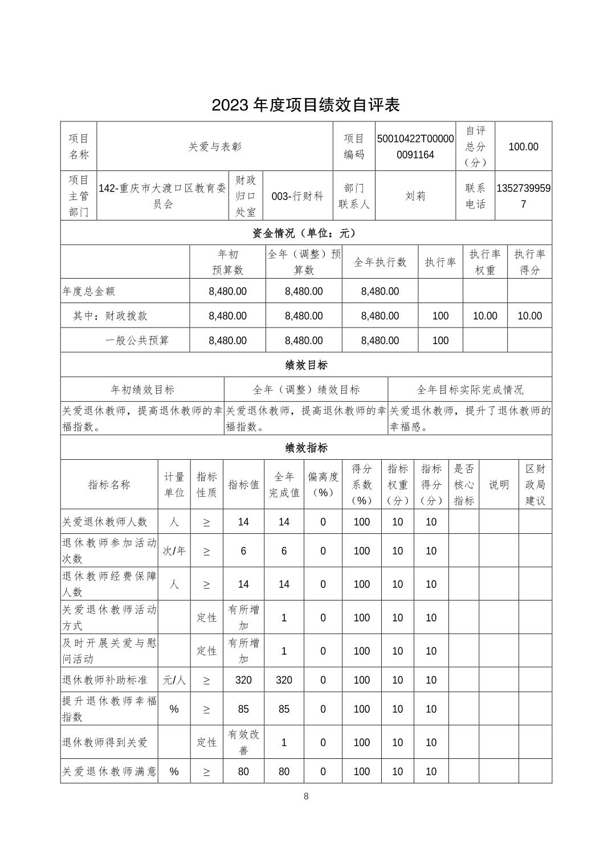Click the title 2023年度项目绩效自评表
(305, 105)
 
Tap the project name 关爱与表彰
(215, 146)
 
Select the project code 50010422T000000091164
(415, 146)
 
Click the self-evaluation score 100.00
(523, 146)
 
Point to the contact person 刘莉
(415, 196)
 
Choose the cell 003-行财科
(297, 196)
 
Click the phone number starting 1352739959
(523, 196)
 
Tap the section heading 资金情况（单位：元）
(305, 233)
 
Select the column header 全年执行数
(380, 262)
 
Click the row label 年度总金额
(89, 291)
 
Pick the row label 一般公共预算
(137, 341)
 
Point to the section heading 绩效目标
(305, 365)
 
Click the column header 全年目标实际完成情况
(470, 390)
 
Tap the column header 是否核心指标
(464, 484)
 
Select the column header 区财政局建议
(535, 484)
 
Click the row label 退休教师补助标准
(105, 680)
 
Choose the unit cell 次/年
(174, 551)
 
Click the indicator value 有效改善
(243, 742)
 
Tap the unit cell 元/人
(174, 680)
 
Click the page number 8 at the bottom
(306, 796)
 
